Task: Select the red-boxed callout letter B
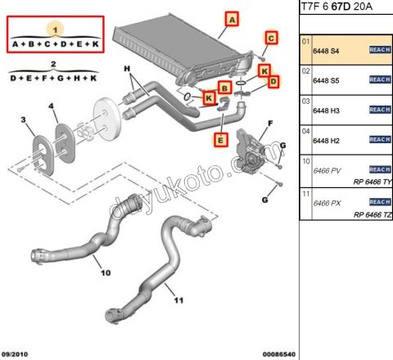pyautogui.click(x=223, y=88)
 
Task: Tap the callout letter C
pyautogui.click(x=271, y=38)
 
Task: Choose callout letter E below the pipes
pyautogui.click(x=220, y=140)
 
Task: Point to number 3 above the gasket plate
pyautogui.click(x=25, y=121)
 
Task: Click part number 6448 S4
pyautogui.click(x=327, y=51)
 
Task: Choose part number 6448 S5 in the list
pyautogui.click(x=327, y=79)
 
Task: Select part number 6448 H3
pyautogui.click(x=327, y=110)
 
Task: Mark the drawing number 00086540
pyautogui.click(x=278, y=353)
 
